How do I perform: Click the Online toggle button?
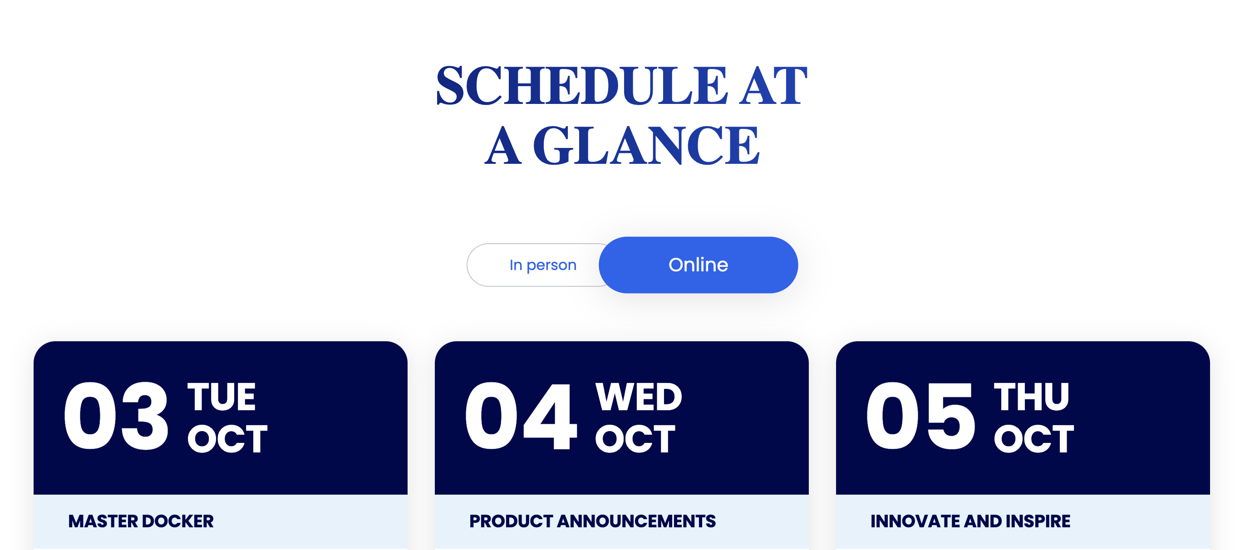pyautogui.click(x=698, y=265)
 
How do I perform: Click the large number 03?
pyautogui.click(x=116, y=416)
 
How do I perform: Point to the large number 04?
pyautogui.click(x=520, y=416)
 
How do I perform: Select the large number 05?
pyautogui.click(x=920, y=416)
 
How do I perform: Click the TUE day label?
pyautogui.click(x=221, y=397)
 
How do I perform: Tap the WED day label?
pyautogui.click(x=639, y=397)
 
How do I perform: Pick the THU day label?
pyautogui.click(x=1032, y=397)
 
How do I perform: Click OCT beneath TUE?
pyautogui.click(x=227, y=439)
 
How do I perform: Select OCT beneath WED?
pyautogui.click(x=635, y=439)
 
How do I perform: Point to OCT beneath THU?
pyautogui.click(x=1034, y=439)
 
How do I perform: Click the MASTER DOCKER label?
pyautogui.click(x=141, y=521)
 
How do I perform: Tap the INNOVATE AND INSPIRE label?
pyautogui.click(x=970, y=521)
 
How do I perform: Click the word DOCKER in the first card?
pyautogui.click(x=177, y=521)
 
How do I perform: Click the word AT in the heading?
pyautogui.click(x=773, y=85)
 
